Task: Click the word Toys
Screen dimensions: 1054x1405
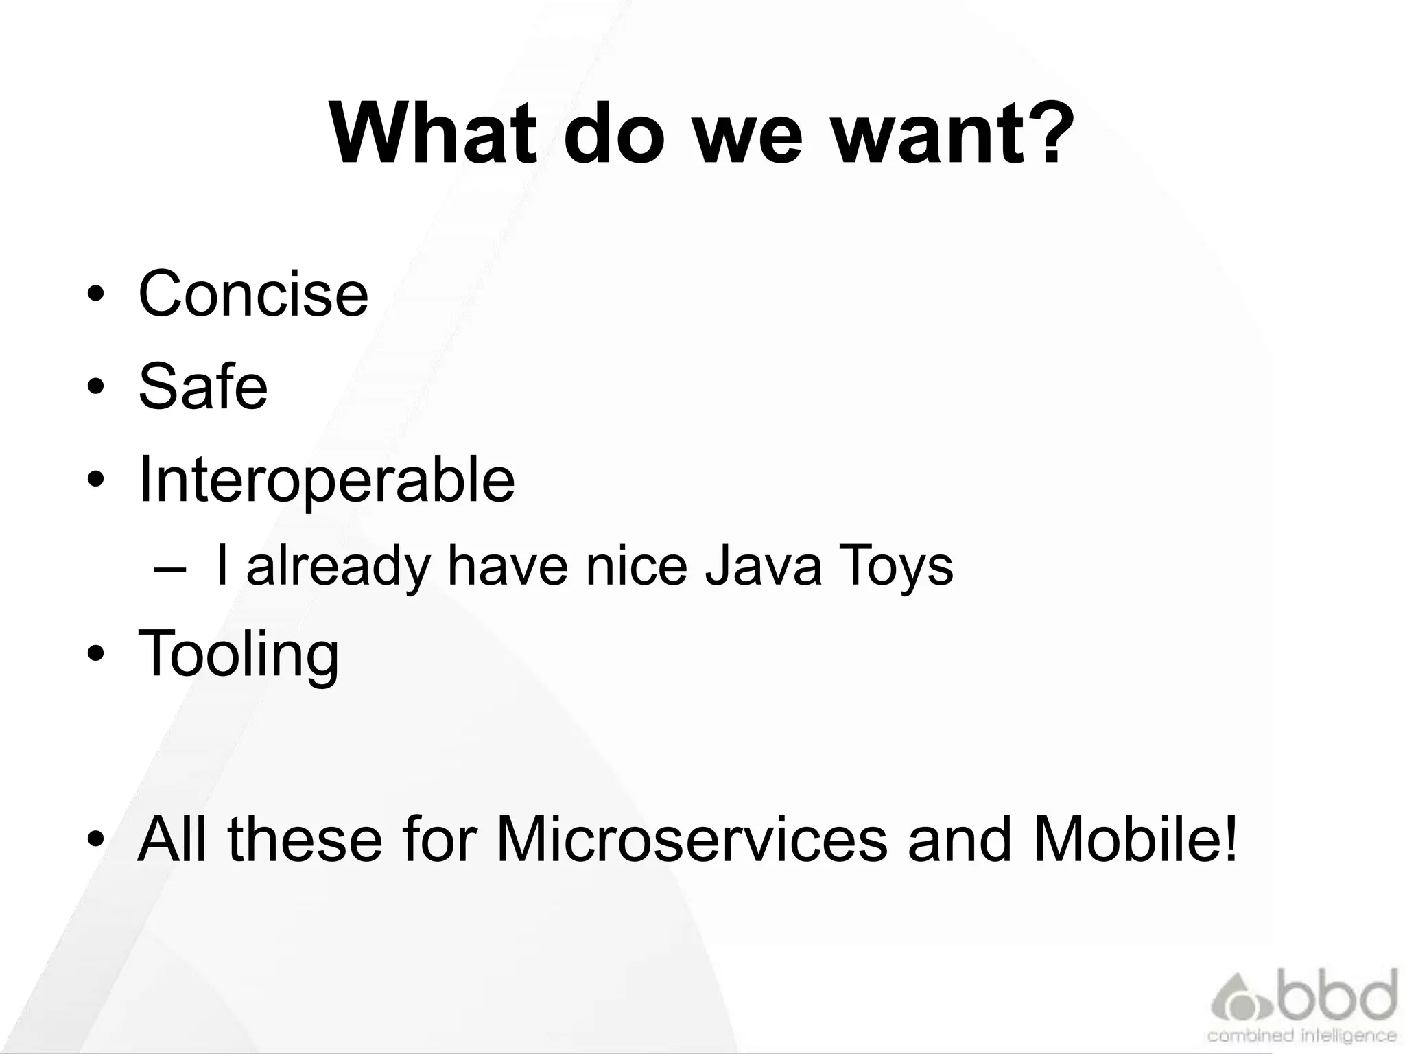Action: [x=896, y=567]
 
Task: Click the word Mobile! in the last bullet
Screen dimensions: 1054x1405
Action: [x=1135, y=840]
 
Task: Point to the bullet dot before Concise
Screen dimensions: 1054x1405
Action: [x=96, y=296]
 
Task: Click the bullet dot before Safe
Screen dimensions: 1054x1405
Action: [x=96, y=388]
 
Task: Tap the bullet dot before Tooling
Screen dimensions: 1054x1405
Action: [x=96, y=655]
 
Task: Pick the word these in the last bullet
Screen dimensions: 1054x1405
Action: [x=305, y=840]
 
